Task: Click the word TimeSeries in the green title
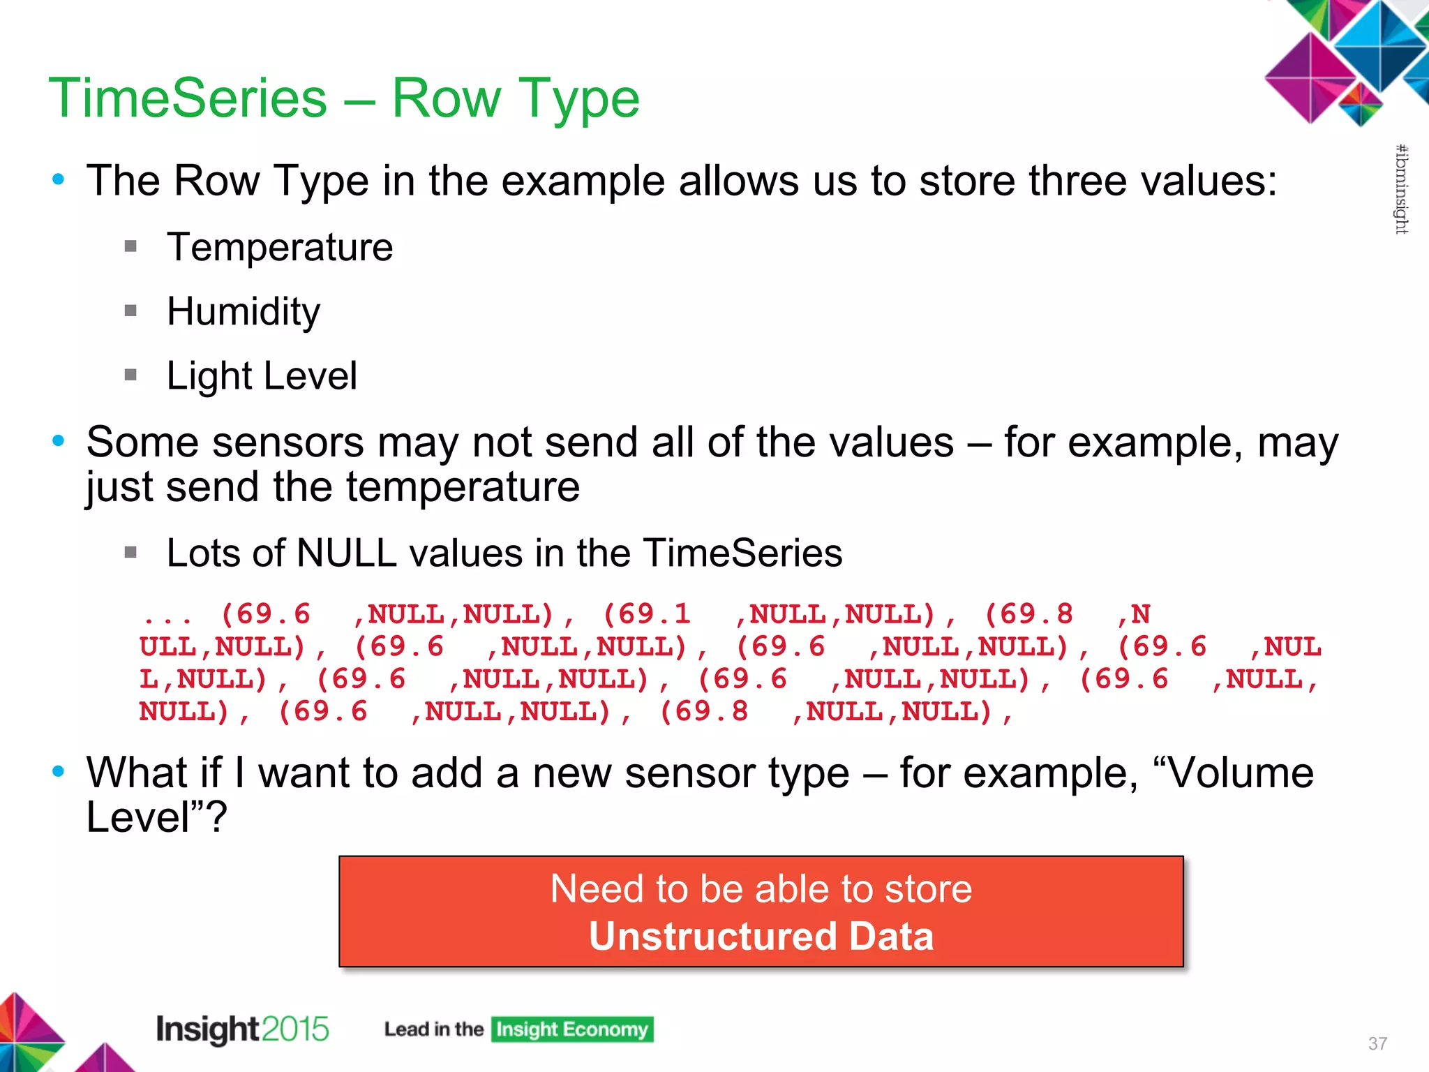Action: coord(187,98)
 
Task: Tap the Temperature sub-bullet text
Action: coord(280,248)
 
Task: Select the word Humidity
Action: coord(244,312)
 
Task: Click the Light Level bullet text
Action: coord(262,376)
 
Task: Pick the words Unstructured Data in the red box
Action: coord(761,937)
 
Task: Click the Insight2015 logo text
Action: coord(241,1029)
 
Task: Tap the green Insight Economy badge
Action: coord(571,1029)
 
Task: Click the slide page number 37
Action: coord(1377,1043)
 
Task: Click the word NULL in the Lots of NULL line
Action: coord(346,553)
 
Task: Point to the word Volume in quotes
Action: coord(1240,774)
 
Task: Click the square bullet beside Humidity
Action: coord(130,311)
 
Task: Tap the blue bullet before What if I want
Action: coord(59,772)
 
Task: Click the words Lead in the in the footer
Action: coord(433,1029)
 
